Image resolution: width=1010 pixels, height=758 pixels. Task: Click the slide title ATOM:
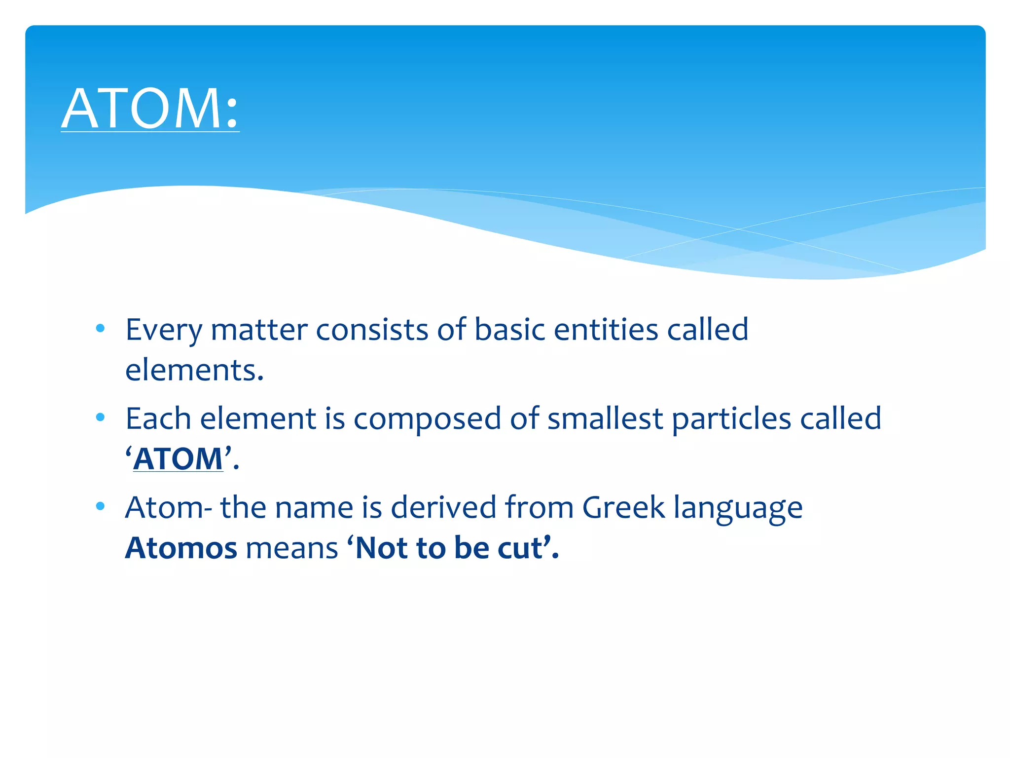(x=150, y=109)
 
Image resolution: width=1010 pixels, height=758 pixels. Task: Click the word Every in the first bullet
(x=164, y=330)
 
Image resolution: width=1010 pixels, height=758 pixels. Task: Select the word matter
(x=259, y=330)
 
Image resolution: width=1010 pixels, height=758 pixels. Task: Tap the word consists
(x=372, y=330)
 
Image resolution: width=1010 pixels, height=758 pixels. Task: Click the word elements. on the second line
(x=194, y=370)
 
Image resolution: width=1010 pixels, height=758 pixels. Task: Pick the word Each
(x=158, y=419)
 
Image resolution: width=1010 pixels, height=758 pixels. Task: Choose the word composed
(x=427, y=419)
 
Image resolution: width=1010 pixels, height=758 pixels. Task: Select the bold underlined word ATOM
(x=178, y=459)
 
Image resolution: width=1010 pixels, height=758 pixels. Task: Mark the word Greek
(x=623, y=508)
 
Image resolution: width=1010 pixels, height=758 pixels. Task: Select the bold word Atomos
(x=181, y=548)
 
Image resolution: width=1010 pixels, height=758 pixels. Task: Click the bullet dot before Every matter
(x=101, y=328)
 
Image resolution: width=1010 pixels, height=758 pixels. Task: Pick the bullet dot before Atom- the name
(x=101, y=506)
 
